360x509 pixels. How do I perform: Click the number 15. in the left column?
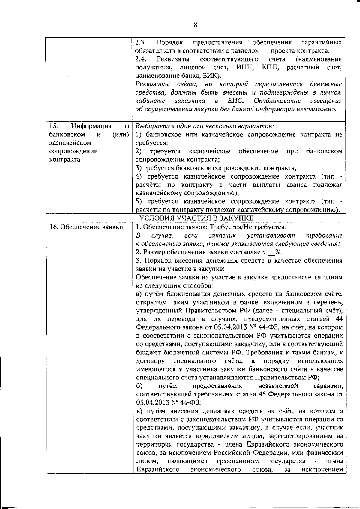53,126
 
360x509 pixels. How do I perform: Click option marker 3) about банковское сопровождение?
139,168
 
